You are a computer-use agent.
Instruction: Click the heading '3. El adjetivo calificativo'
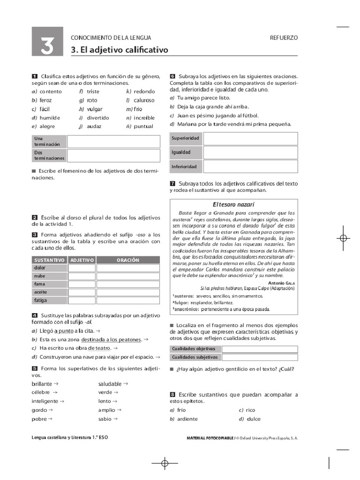pos(119,50)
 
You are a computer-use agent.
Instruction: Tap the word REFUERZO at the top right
pos(284,38)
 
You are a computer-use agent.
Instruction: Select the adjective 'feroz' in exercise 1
pos(45,100)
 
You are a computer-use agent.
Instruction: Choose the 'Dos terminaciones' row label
pos(49,155)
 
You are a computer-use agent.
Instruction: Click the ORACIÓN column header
pos(127,260)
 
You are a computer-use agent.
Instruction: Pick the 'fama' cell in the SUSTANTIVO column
pos(39,284)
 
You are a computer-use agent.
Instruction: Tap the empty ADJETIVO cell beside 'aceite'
pos(82,292)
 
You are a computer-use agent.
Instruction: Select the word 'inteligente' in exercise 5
pos(45,401)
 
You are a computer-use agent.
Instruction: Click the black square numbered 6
pos(172,76)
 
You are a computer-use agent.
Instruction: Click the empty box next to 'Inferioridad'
pos(250,166)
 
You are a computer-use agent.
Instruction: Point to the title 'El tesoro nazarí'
pos(233,204)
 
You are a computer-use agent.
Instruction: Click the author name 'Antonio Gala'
pos(281,283)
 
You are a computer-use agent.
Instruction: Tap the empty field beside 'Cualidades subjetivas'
pos(259,357)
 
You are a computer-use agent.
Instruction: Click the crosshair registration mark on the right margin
pos(343,238)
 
